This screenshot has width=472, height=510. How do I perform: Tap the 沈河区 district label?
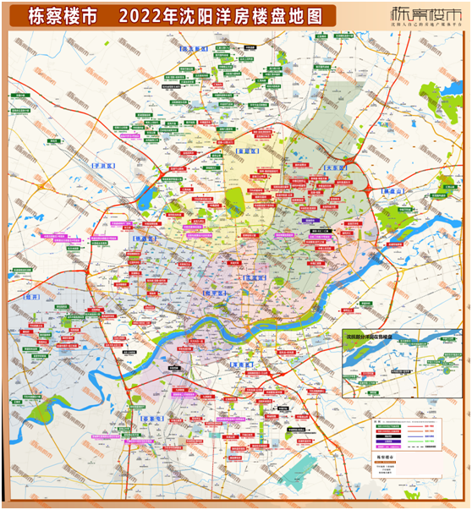coord(255,277)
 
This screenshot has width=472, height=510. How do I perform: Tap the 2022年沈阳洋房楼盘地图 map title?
coord(222,16)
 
